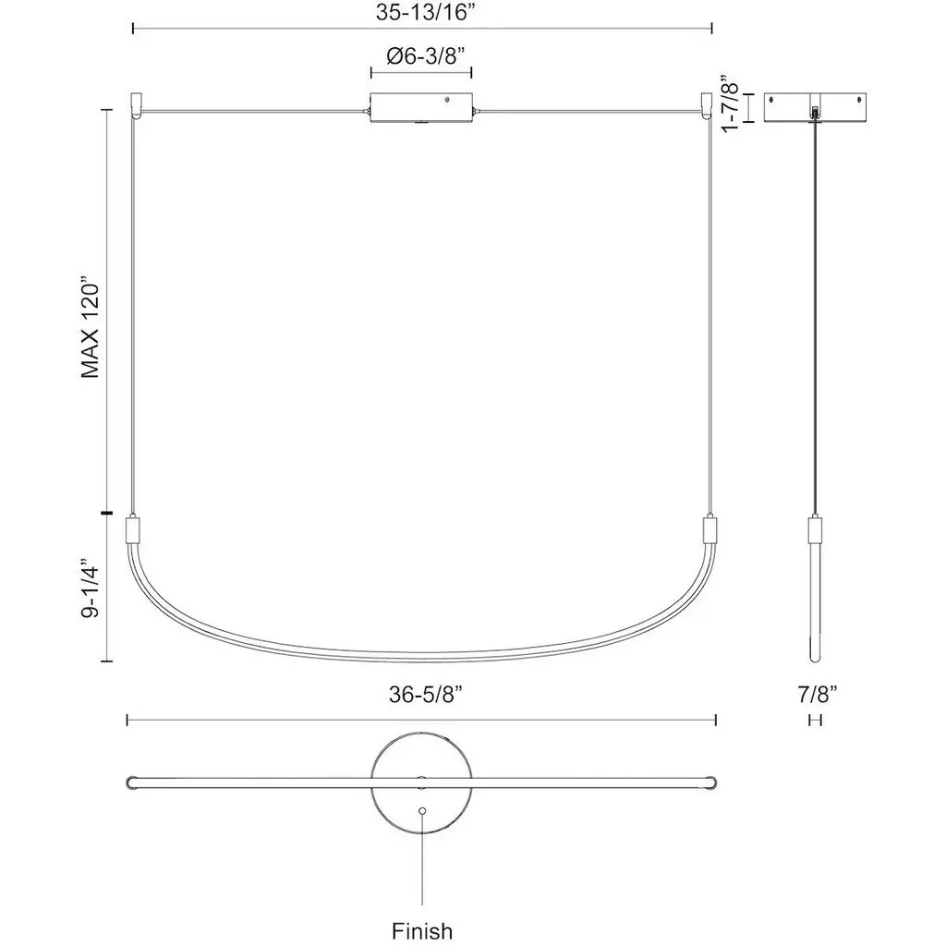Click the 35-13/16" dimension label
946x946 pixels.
(421, 11)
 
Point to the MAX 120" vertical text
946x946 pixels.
(90, 328)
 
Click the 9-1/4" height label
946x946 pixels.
(90, 587)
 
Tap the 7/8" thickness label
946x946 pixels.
(818, 694)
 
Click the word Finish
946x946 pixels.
(421, 931)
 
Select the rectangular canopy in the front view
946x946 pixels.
(421, 108)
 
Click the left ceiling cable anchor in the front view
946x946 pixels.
(136, 105)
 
